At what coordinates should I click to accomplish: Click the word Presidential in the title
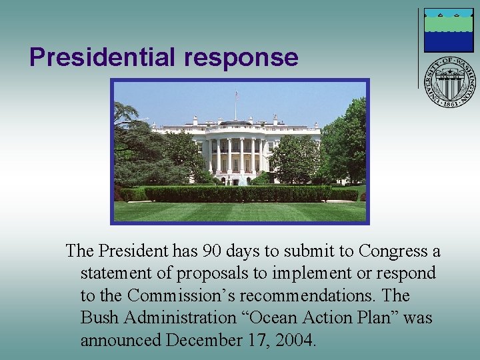(103, 57)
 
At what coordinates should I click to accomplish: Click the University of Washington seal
(451, 82)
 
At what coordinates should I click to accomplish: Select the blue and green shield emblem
(449, 31)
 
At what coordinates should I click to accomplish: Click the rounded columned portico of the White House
(237, 153)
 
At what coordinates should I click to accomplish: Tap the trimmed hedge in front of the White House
(237, 193)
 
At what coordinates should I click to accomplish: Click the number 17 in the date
(259, 340)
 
